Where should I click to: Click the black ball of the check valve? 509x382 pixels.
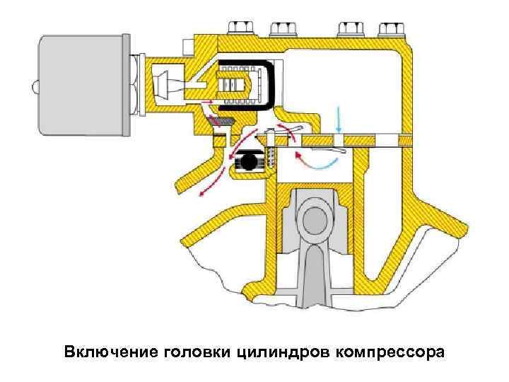[x=248, y=162]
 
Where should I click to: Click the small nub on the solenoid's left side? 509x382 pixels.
[x=34, y=88]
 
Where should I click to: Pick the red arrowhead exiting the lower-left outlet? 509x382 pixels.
[x=203, y=190]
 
